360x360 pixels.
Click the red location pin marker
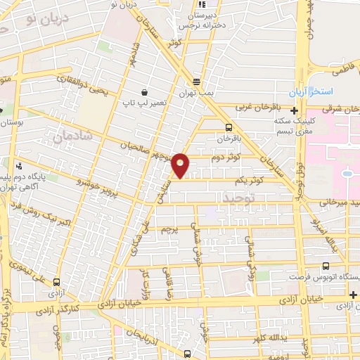pos(181,165)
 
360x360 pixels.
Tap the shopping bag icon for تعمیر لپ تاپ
pos(145,92)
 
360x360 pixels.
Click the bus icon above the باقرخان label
pos(229,127)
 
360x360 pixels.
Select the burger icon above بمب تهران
pos(195,79)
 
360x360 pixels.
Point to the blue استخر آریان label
pos(313,93)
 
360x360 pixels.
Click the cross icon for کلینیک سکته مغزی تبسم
pos(294,110)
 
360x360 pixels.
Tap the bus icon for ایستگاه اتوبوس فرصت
pos(325,266)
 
